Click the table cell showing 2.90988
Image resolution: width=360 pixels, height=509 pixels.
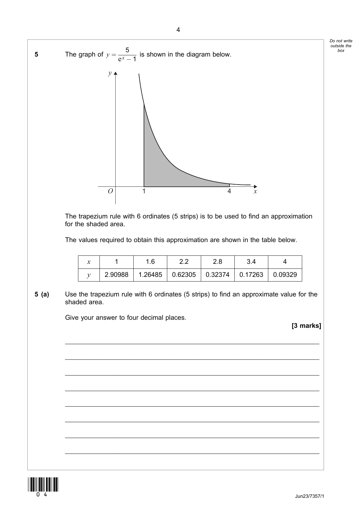(x=117, y=275)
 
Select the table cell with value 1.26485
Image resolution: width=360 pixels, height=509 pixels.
(x=150, y=275)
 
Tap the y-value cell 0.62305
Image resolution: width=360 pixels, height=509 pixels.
(x=184, y=275)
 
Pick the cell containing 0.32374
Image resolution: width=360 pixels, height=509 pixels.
(x=218, y=275)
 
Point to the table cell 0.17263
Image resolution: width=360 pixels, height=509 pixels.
(x=251, y=275)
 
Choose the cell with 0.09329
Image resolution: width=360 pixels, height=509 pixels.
(x=285, y=275)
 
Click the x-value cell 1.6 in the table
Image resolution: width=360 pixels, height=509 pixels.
(x=150, y=262)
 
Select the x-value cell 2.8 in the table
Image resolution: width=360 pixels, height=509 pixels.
(x=218, y=262)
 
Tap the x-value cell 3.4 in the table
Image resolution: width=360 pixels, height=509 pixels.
(x=251, y=262)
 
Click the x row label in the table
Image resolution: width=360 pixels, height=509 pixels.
(x=89, y=262)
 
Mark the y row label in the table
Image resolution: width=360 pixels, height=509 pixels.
(x=89, y=275)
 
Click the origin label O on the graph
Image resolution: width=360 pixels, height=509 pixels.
(x=110, y=191)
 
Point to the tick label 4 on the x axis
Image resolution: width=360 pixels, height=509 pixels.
(x=229, y=191)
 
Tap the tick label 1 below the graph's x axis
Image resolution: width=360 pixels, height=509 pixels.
(x=144, y=191)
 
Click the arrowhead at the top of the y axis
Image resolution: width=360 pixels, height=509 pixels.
(x=116, y=73)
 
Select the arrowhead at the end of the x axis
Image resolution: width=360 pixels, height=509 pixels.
(x=256, y=186)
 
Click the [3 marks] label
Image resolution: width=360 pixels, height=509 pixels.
(x=306, y=326)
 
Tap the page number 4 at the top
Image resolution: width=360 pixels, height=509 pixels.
(x=178, y=30)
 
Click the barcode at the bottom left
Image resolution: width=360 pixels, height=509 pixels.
(x=43, y=484)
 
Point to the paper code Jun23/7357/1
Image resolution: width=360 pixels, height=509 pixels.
(x=310, y=496)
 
